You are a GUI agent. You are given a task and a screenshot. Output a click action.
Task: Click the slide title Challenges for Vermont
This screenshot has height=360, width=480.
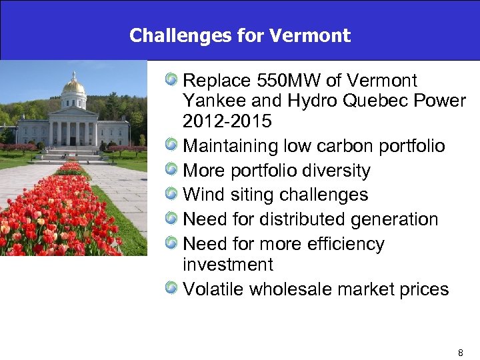click(240, 35)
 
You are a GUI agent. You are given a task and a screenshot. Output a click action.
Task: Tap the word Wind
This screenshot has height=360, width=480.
click(204, 195)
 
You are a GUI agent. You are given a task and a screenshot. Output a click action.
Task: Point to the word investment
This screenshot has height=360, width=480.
click(227, 265)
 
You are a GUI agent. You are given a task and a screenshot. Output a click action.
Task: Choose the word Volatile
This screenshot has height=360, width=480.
click(214, 289)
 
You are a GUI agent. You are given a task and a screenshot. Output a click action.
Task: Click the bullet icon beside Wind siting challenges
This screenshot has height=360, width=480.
click(172, 195)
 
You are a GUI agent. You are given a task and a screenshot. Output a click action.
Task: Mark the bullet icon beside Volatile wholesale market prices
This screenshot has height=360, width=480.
click(172, 289)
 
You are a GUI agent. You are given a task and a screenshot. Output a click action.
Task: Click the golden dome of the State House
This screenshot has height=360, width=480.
click(73, 86)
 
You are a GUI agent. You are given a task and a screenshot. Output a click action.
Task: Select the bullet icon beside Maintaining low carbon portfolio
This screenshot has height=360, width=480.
click(172, 145)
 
